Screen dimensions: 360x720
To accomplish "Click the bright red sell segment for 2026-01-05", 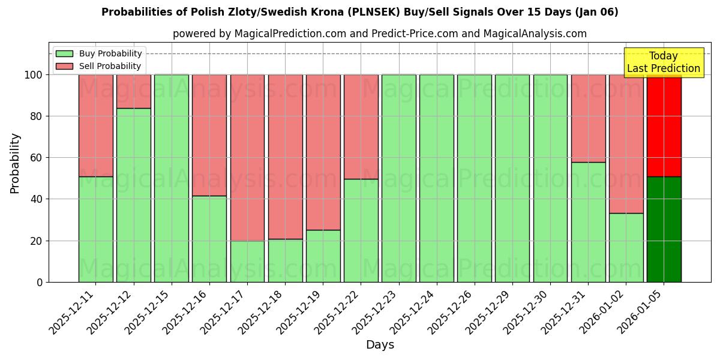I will pos(664,125).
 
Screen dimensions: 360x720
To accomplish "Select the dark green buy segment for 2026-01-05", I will pos(664,229).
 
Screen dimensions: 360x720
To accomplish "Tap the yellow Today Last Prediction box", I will pos(664,62).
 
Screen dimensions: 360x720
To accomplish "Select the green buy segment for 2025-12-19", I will pos(323,256).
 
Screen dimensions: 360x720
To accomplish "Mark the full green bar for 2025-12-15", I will pos(171,178).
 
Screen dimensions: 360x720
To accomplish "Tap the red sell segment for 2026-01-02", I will pos(626,144).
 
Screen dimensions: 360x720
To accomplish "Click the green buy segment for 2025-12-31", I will pos(588,222).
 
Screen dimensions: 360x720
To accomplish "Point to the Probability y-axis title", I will pos(15,163).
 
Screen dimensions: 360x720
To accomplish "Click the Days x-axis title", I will pos(380,345).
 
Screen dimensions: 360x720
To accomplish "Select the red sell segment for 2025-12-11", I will pos(95,125).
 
